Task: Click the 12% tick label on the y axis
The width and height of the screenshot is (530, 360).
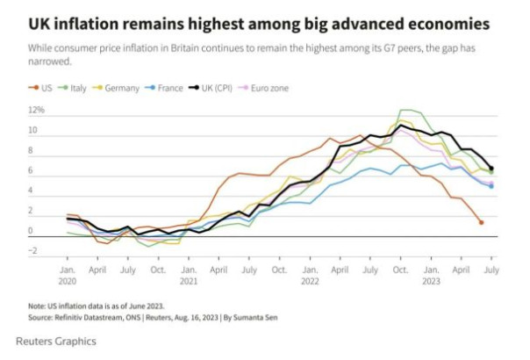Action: point(37,111)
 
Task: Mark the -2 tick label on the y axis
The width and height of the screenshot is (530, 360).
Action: point(34,252)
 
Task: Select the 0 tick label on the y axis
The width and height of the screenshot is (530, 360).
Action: point(31,232)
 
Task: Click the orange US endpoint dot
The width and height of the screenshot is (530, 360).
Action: point(481,222)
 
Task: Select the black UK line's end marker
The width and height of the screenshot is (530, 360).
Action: point(491,168)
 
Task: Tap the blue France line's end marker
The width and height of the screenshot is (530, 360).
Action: point(491,185)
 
